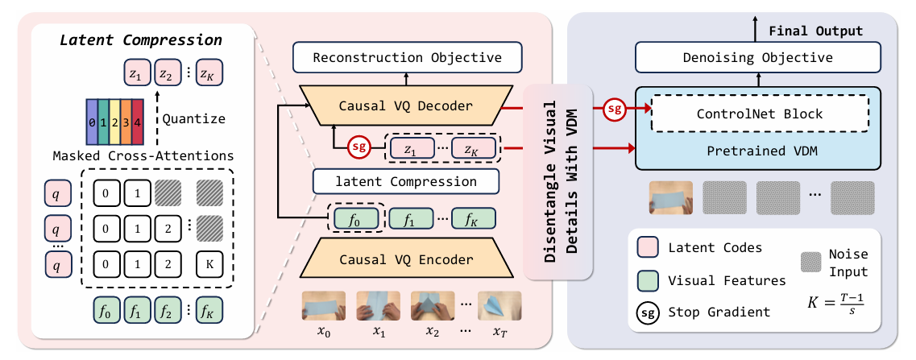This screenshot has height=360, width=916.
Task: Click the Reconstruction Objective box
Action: [407, 57]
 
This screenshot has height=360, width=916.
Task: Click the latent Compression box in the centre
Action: [406, 181]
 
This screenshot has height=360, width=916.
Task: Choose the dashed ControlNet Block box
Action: [760, 114]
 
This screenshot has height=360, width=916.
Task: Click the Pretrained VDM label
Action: [754, 151]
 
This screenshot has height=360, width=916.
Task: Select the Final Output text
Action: [815, 31]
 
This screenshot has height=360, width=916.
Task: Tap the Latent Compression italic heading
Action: [141, 40]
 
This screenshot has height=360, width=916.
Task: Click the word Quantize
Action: [193, 118]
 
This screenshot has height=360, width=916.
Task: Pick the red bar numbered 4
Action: [137, 123]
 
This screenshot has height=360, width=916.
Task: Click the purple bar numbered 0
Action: [92, 123]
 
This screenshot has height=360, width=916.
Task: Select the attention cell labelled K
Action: [209, 263]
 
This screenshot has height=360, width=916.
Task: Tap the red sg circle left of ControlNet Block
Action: [612, 109]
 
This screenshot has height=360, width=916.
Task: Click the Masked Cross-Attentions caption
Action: [143, 156]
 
